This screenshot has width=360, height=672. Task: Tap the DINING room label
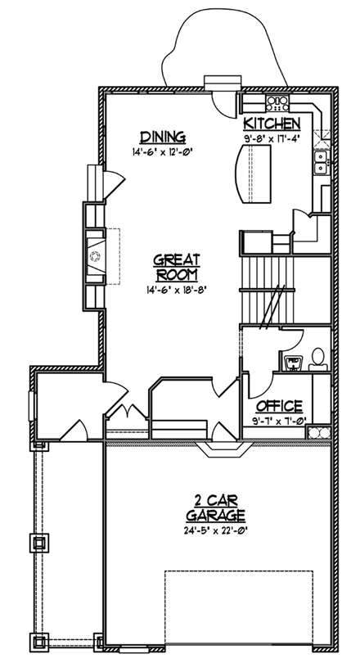(x=162, y=137)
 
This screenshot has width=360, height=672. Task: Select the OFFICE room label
(x=280, y=405)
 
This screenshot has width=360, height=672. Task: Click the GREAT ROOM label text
(x=177, y=268)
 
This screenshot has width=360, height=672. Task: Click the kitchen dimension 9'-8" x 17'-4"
(x=272, y=138)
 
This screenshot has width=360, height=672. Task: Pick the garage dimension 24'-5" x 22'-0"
(x=216, y=530)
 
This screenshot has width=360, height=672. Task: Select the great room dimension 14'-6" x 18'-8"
(x=177, y=289)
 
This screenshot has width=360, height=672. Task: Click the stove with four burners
(x=277, y=103)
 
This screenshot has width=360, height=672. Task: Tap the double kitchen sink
(x=322, y=157)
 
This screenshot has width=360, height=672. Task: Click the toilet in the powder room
(x=317, y=358)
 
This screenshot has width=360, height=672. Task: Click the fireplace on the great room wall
(x=95, y=256)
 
